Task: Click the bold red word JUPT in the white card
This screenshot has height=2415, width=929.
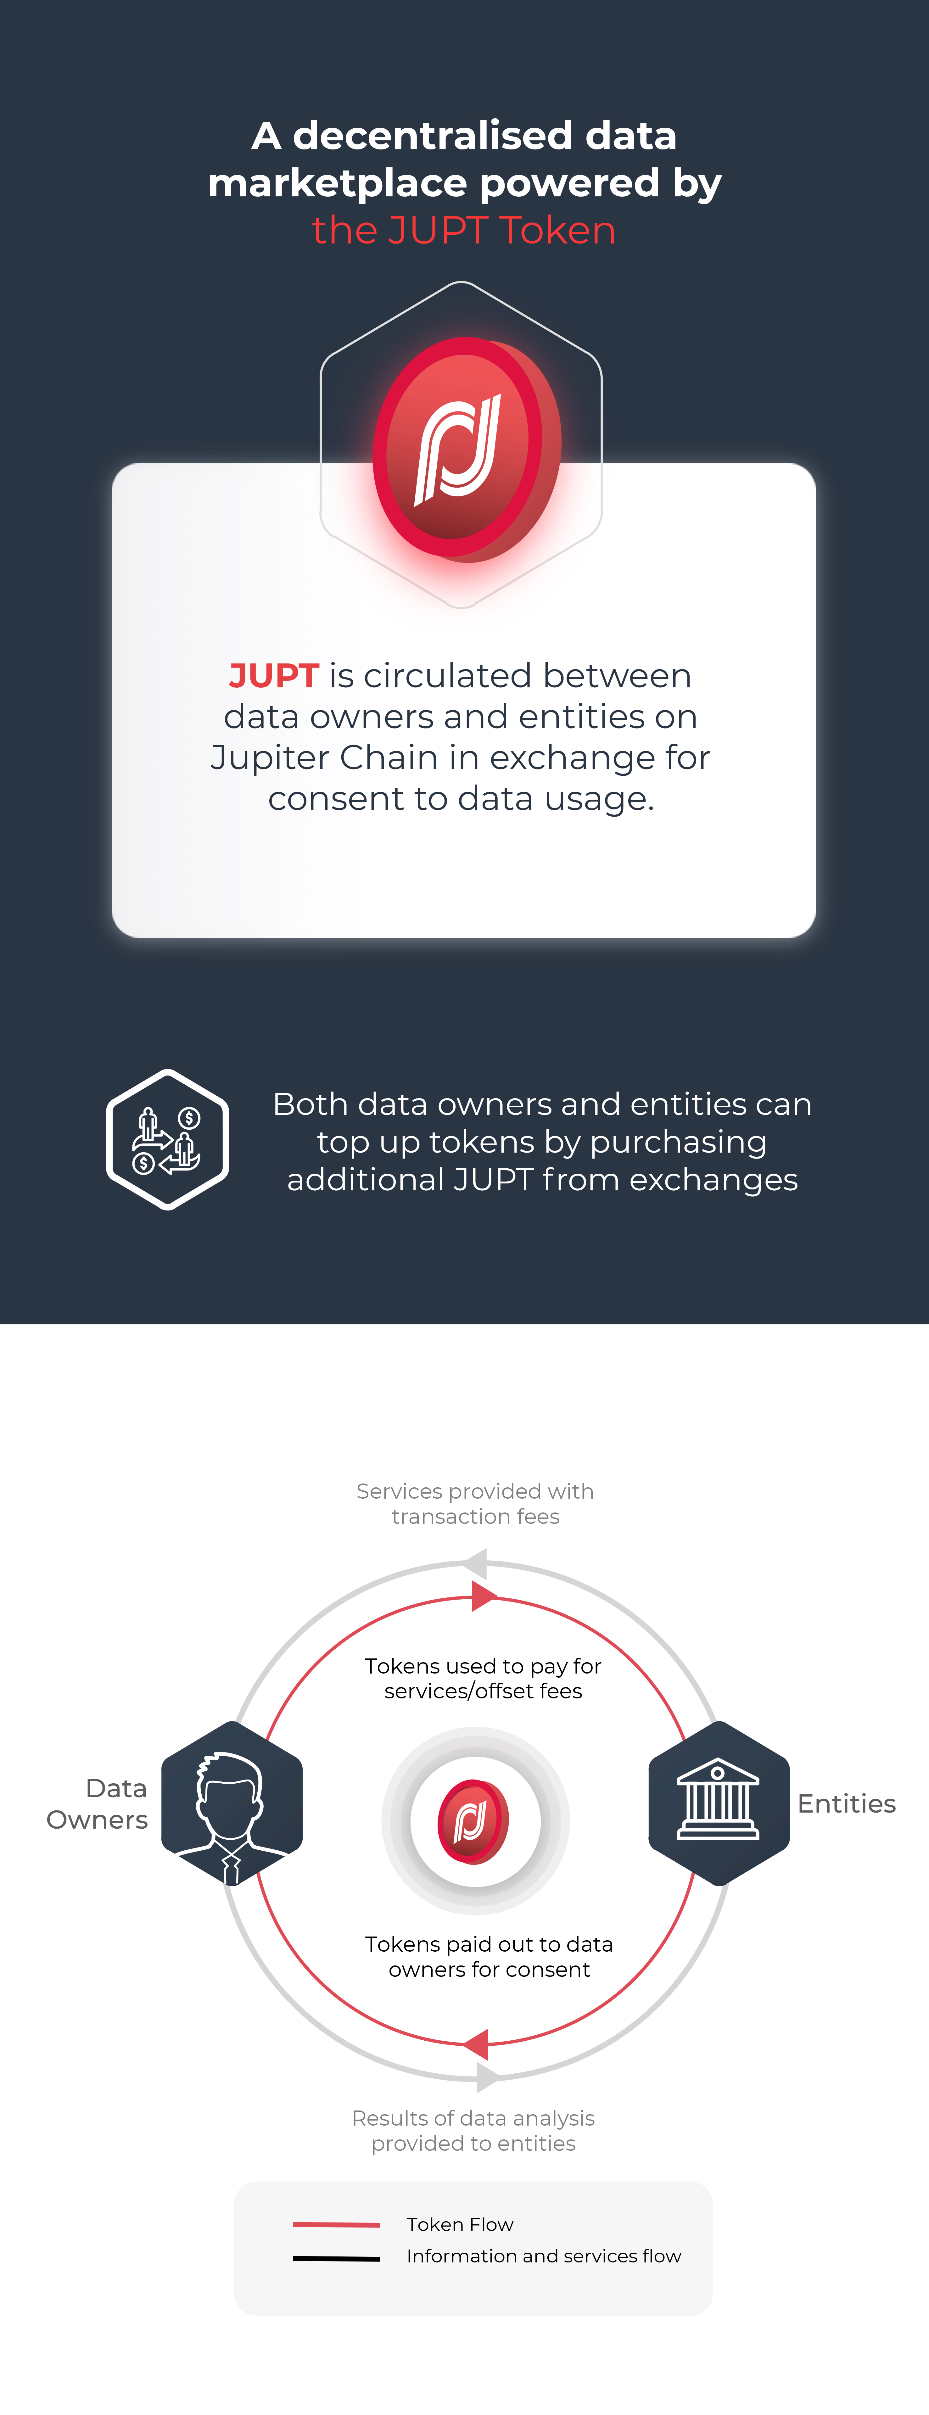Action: pyautogui.click(x=274, y=675)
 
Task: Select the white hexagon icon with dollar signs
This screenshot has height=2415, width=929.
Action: pyautogui.click(x=168, y=1139)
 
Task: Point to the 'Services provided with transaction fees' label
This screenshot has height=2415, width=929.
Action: pyautogui.click(x=475, y=1504)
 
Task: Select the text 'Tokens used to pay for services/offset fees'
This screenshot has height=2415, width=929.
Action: pyautogui.click(x=483, y=1678)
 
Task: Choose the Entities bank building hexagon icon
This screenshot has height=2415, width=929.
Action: pyautogui.click(x=719, y=1803)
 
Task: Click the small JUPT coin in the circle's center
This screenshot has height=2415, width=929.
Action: pyautogui.click(x=473, y=1821)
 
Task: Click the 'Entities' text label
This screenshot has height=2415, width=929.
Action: pyautogui.click(x=847, y=1804)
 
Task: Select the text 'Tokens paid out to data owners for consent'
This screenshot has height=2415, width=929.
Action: pyautogui.click(x=489, y=1957)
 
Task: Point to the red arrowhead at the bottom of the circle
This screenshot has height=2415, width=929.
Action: pyautogui.click(x=476, y=2044)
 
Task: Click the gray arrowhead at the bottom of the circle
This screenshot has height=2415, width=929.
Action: pyautogui.click(x=488, y=2077)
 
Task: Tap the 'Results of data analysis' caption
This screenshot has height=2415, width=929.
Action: pyautogui.click(x=473, y=2118)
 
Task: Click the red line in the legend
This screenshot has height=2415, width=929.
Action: pyautogui.click(x=337, y=2224)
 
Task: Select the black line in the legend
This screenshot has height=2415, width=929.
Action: pyautogui.click(x=337, y=2258)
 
